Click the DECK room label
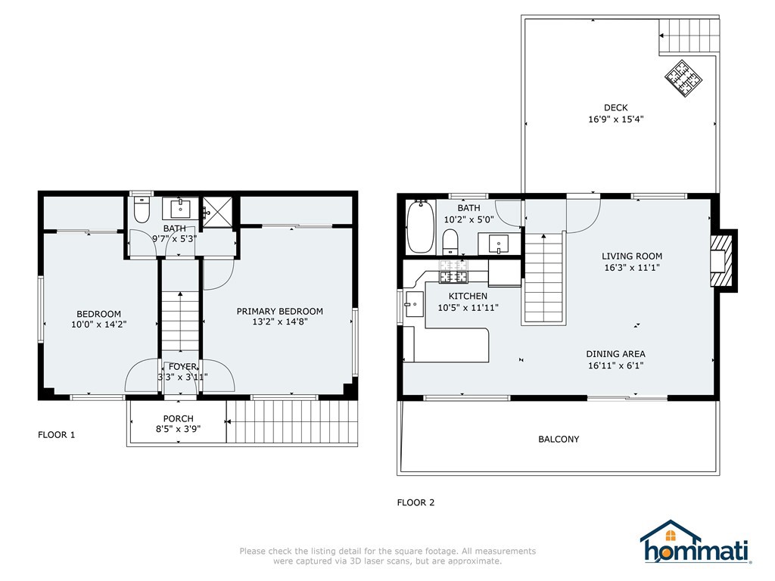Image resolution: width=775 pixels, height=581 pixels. tap(616, 107)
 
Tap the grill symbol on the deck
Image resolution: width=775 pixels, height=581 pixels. tap(683, 78)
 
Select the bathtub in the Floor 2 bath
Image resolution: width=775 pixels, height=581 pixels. tap(420, 227)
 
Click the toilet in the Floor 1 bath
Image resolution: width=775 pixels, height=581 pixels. tap(142, 210)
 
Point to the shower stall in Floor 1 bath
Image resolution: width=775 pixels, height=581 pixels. tap(217, 213)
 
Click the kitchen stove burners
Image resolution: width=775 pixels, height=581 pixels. tap(454, 272)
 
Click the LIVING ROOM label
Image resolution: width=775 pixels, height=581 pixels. tap(632, 256)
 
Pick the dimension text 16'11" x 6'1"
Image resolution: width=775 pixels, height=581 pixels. tap(616, 365)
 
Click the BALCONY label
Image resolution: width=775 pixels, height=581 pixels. tap(559, 439)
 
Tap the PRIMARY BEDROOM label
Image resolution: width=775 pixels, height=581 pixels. tap(280, 311)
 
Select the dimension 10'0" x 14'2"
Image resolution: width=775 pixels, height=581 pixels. tap(99, 325)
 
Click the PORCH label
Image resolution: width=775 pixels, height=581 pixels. tap(179, 418)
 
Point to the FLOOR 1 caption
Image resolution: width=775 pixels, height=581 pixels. tap(56, 435)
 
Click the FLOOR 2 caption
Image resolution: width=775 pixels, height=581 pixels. tap(416, 502)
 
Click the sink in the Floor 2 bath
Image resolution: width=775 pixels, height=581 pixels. tap(499, 244)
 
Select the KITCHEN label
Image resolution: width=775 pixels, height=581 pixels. tap(468, 296)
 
